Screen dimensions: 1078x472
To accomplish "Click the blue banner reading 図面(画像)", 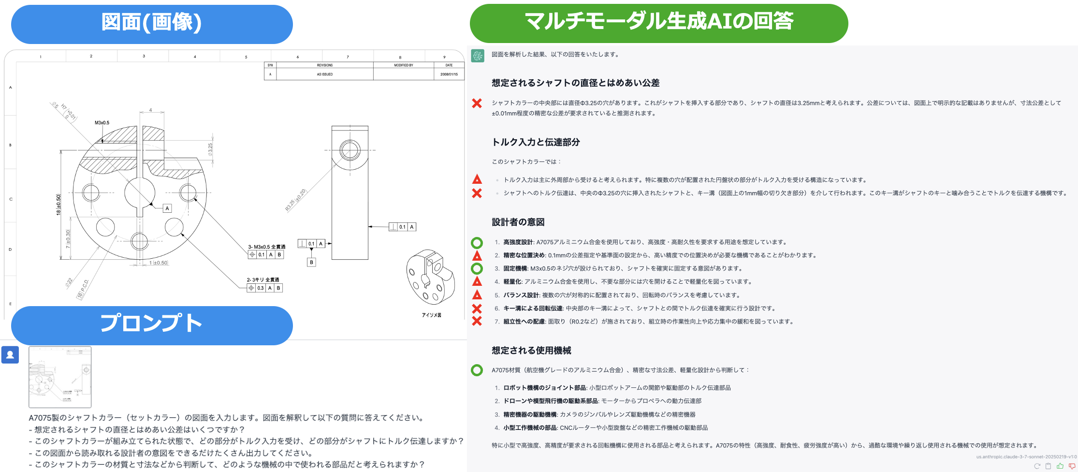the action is tap(152, 23).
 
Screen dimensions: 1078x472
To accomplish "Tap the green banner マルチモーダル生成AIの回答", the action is tap(658, 22).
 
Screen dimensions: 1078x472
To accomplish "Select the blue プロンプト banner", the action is tap(152, 324).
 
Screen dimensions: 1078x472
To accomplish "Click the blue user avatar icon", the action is tap(10, 354).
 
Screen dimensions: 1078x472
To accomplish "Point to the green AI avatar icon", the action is tap(478, 56).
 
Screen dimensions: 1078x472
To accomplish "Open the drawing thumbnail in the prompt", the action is tap(60, 377).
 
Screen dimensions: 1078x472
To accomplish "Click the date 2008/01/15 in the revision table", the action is tap(449, 74).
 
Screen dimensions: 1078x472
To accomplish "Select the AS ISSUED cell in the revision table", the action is tap(324, 74).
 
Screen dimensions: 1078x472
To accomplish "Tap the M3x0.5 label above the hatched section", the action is tap(102, 123).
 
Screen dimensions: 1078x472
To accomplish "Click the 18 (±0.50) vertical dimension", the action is tap(58, 205).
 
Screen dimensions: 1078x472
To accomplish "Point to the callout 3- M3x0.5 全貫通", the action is tap(266, 247).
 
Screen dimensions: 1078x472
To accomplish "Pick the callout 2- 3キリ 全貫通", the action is tap(263, 280).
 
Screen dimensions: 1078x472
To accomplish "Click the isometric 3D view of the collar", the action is tap(430, 277).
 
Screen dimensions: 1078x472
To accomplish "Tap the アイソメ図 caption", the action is tap(431, 315).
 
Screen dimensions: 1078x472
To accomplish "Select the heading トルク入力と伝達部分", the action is tap(536, 142).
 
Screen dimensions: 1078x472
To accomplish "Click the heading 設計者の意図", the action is tap(518, 222).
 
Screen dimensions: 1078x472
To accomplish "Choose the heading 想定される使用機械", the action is tap(531, 351).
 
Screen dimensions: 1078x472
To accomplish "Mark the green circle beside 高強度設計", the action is tap(477, 243).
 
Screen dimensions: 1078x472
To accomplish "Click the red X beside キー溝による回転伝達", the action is tap(477, 309).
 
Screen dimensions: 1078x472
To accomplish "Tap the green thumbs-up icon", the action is tap(1060, 466).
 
